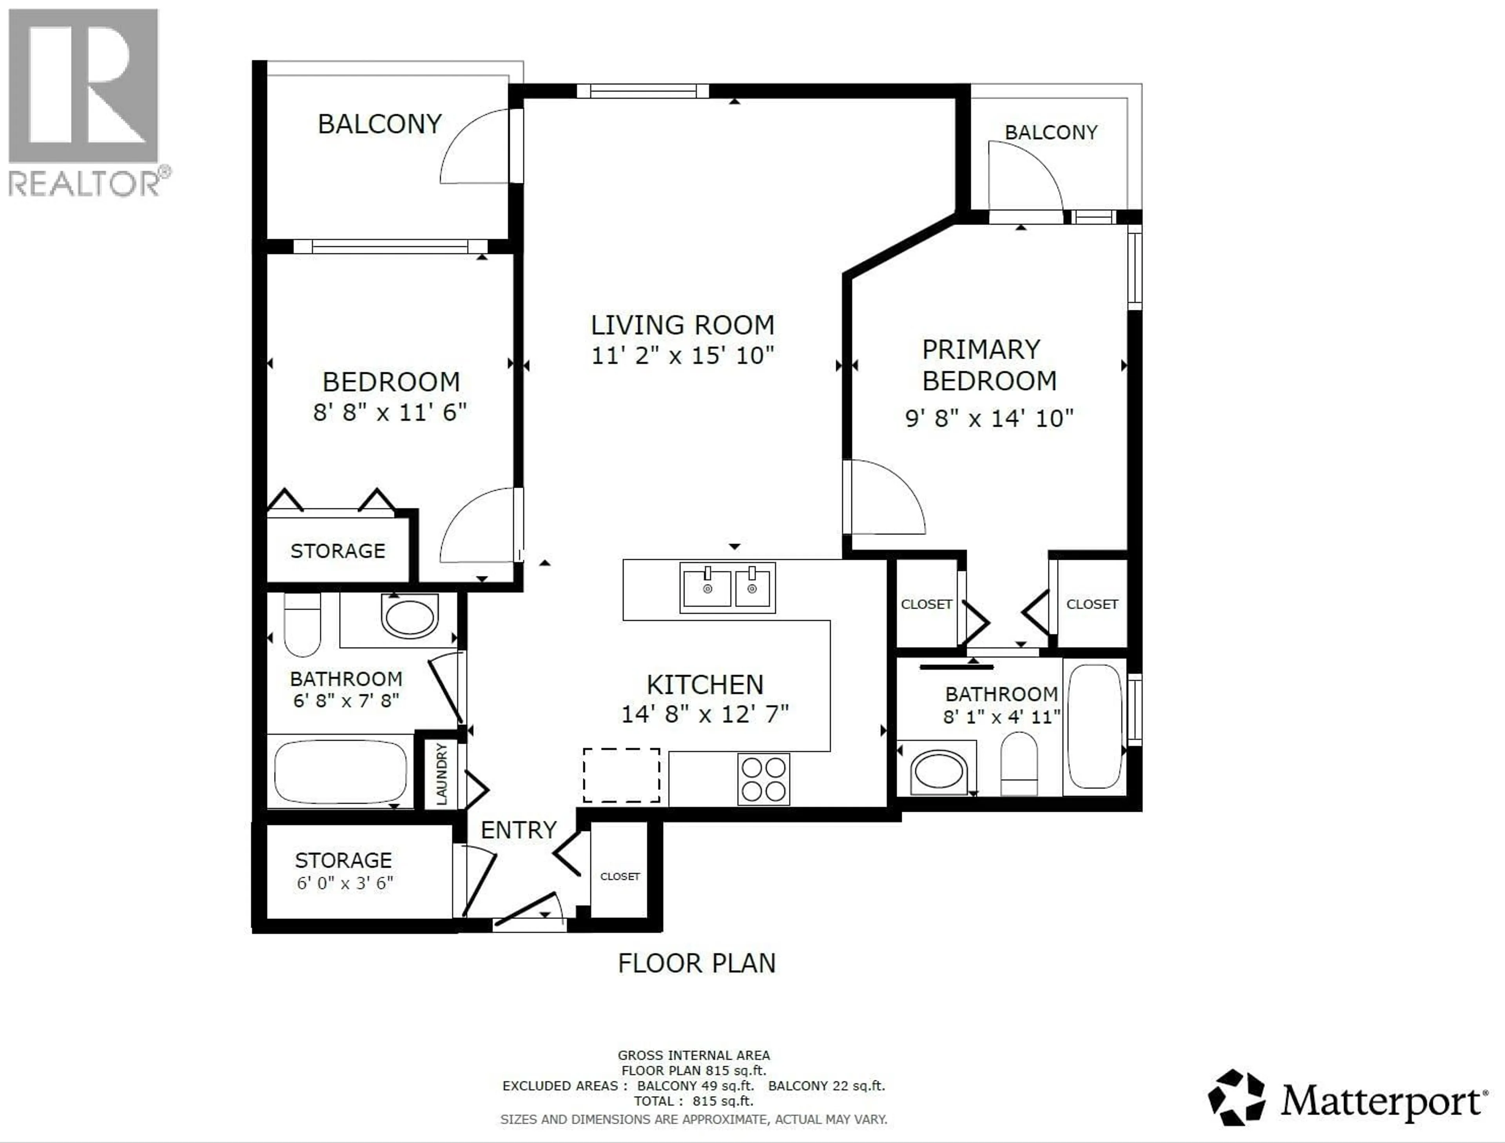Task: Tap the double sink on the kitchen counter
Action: pos(727,587)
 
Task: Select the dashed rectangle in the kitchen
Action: pos(621,775)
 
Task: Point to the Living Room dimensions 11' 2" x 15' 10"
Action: pos(682,355)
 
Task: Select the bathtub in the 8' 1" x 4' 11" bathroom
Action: pos(1094,726)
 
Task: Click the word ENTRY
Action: pos(519,830)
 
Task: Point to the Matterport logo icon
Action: pos(1236,1098)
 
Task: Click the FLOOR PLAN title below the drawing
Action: pos(696,963)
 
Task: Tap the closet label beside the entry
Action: pos(620,876)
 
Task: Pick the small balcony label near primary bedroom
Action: pos(1050,132)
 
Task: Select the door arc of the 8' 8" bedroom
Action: pos(476,525)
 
